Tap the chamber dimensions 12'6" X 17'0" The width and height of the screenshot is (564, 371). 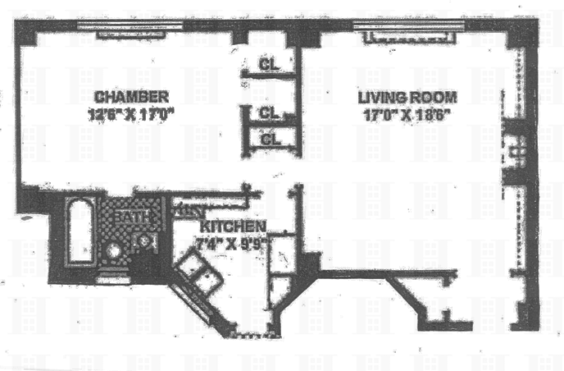[130, 116]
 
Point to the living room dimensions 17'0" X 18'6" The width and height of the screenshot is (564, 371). [405, 116]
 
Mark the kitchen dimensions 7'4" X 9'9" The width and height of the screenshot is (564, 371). [232, 243]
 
